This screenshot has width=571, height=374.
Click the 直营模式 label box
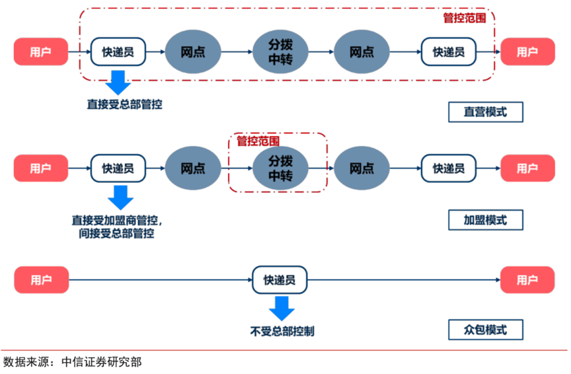(485, 112)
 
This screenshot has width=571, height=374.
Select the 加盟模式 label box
(485, 220)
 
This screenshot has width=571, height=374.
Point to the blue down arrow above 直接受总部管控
(118, 82)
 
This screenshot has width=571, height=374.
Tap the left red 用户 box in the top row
(40, 52)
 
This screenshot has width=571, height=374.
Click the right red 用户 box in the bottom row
(527, 280)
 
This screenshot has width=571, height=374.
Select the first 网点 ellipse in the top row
(192, 52)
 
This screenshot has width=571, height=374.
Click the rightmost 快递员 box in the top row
(448, 52)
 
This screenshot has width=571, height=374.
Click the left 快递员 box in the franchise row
(118, 168)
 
